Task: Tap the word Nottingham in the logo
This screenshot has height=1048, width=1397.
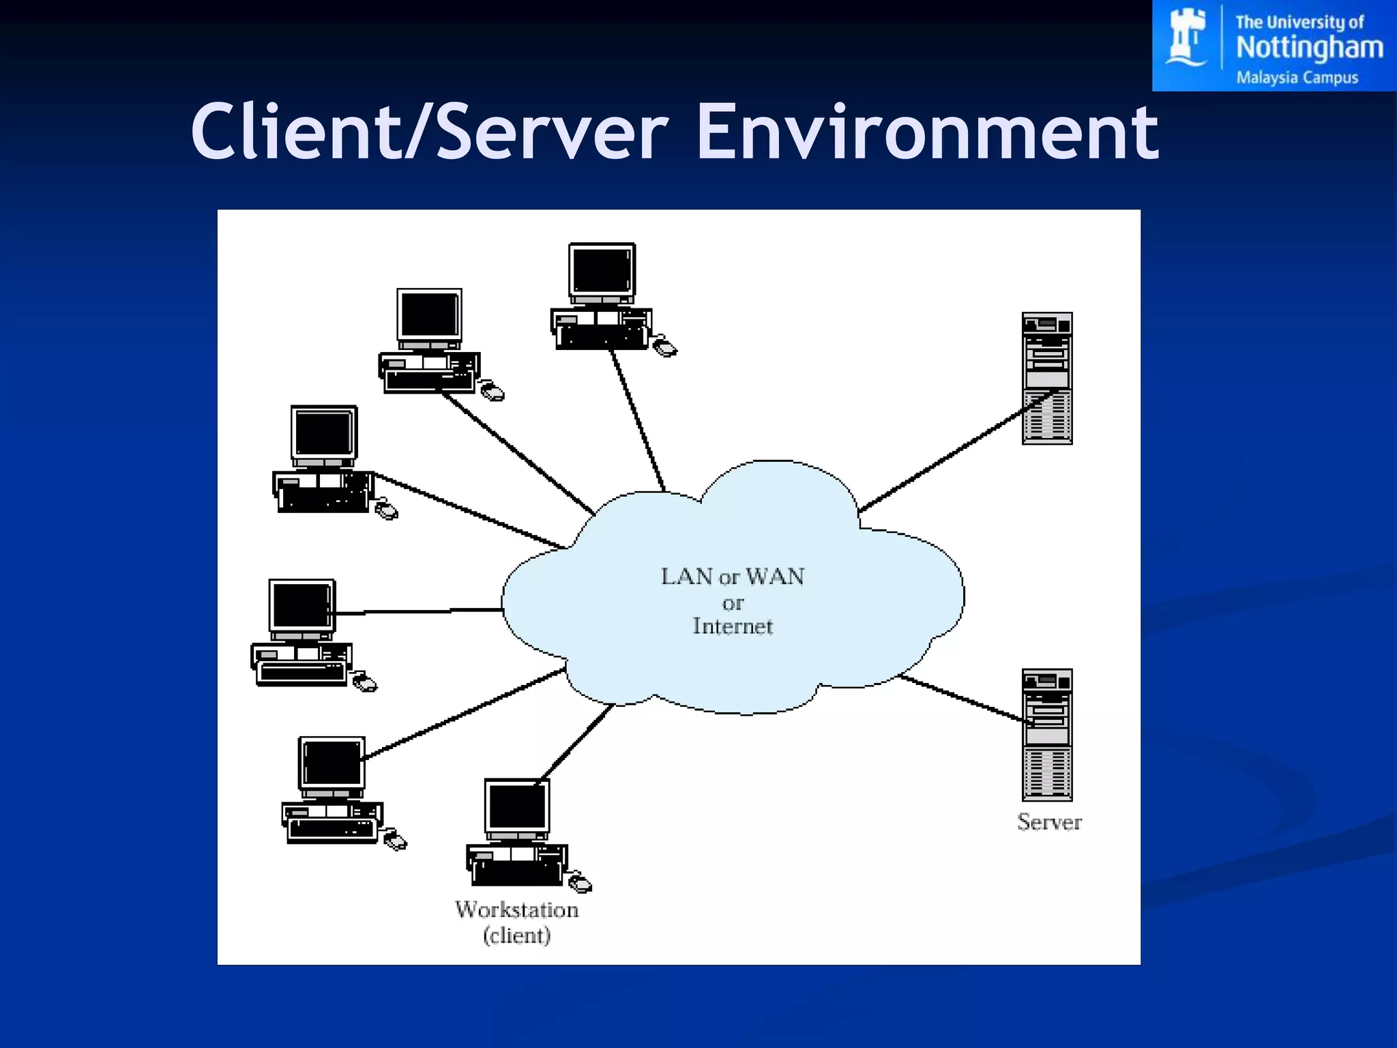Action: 1309,48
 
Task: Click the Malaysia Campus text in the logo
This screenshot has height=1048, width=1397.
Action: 1297,78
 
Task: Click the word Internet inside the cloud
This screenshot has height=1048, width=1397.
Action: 733,626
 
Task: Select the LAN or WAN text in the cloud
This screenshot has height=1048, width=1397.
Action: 733,577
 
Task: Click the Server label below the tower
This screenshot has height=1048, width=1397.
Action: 1049,822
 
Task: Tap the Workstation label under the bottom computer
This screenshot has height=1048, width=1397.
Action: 516,909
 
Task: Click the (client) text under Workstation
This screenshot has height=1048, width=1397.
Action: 516,935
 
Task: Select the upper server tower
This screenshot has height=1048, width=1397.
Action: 1047,379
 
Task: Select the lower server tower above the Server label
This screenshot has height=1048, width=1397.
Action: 1047,735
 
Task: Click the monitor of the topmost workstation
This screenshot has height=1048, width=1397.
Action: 602,271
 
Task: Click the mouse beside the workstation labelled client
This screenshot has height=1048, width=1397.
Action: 580,884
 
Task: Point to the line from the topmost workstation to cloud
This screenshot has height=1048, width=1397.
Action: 638,420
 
